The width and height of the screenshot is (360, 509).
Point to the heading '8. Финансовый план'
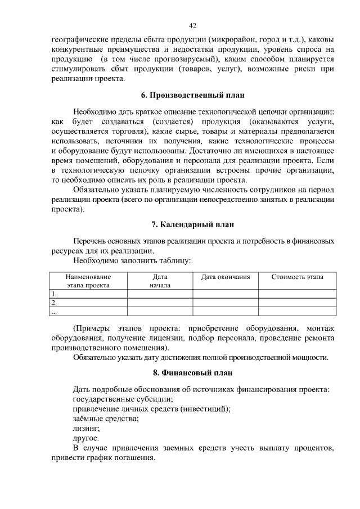pos(192,373)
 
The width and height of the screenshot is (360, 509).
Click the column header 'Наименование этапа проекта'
pos(88,281)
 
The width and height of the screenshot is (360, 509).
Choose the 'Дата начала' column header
pos(160,281)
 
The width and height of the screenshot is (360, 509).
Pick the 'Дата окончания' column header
pos(226,277)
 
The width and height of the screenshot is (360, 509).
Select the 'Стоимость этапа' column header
pos(297,277)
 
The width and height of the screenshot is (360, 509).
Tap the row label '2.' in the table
pos(54,303)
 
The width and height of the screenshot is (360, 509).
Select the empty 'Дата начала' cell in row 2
pos(160,303)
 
